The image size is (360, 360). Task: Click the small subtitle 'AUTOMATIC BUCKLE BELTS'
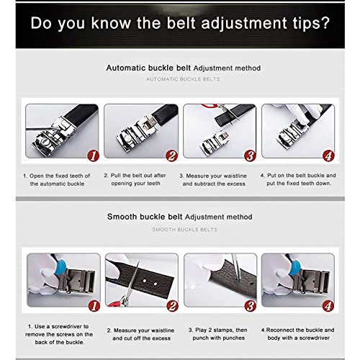[x=184, y=78]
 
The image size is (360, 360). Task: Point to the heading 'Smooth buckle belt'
[x=145, y=216]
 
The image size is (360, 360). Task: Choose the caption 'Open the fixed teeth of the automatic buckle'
[x=58, y=179]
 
